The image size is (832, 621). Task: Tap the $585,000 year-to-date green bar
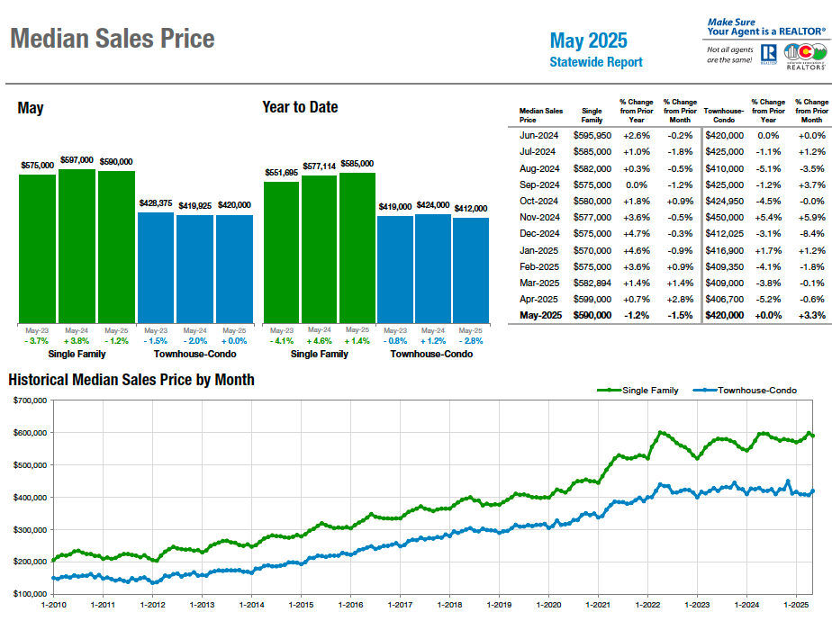click(357, 247)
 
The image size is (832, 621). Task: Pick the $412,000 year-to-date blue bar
click(471, 270)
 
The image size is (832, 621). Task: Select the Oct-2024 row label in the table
click(540, 201)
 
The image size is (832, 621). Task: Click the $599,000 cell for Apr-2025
click(592, 299)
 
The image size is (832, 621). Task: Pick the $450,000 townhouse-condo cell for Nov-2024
click(724, 217)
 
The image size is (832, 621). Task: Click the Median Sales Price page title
click(112, 39)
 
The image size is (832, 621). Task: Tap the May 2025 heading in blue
click(589, 40)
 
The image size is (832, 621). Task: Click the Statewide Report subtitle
click(596, 62)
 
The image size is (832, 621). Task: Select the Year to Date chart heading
click(300, 107)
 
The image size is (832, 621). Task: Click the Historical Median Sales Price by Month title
click(131, 380)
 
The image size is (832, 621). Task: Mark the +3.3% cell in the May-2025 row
click(811, 315)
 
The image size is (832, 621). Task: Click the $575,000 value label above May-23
click(37, 166)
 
